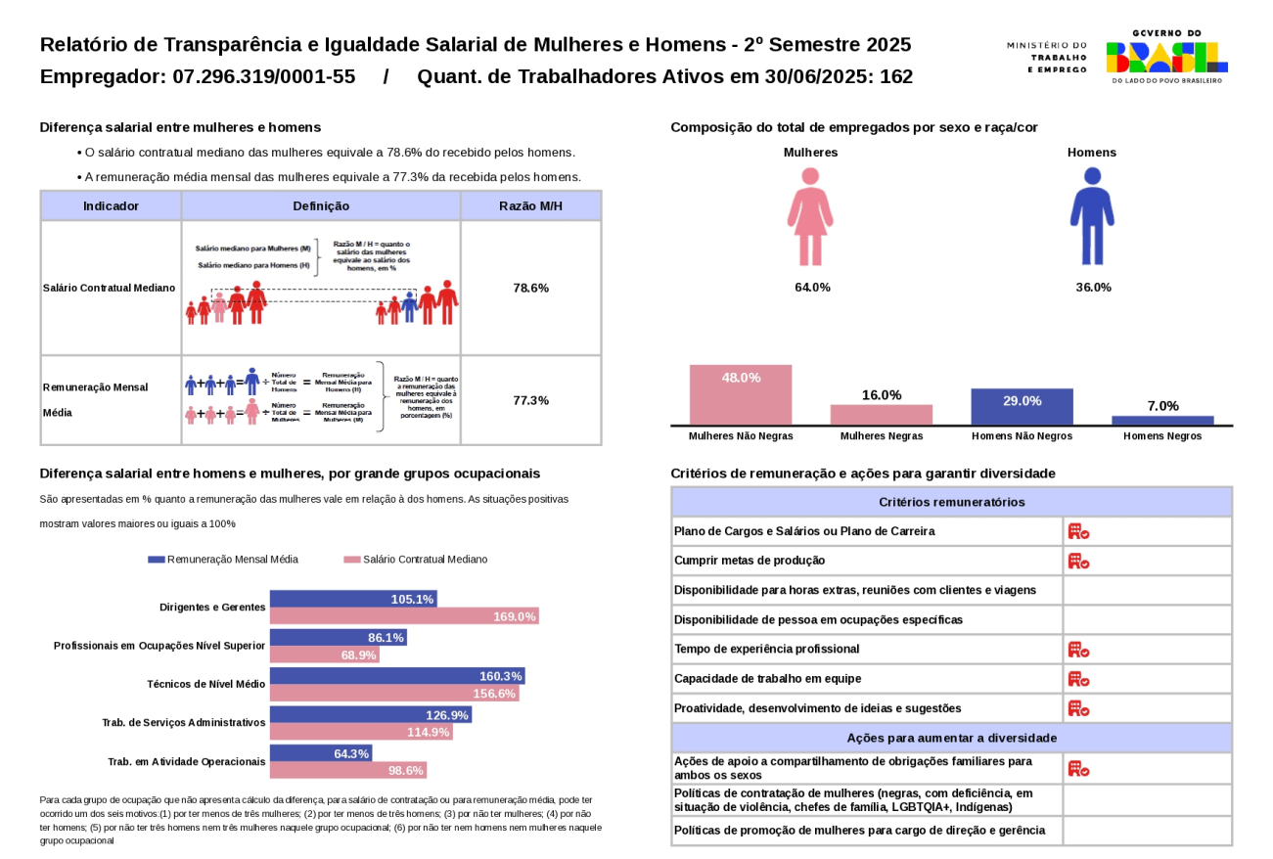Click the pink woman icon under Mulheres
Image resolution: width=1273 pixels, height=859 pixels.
point(810,217)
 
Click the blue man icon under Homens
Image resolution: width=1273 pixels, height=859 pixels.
point(1092,217)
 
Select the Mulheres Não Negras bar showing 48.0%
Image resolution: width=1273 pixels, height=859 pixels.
point(741,395)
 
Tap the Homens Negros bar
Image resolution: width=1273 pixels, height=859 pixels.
point(1162,421)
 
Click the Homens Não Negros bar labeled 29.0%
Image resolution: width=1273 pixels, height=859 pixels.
point(1022,406)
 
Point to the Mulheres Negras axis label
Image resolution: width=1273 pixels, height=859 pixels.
point(881,436)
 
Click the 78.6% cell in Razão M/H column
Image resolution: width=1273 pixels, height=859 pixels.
point(530,288)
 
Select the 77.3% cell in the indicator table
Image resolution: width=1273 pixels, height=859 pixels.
point(530,400)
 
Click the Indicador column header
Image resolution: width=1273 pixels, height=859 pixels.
point(111,206)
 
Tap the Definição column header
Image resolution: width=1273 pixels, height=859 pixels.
point(321,206)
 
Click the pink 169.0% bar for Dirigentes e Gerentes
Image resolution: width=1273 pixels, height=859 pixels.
point(404,616)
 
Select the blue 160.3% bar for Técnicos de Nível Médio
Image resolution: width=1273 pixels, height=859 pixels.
point(397,676)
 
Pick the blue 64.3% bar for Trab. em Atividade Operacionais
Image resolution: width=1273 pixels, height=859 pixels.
point(321,753)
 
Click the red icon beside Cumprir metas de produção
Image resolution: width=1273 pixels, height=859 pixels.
point(1078,561)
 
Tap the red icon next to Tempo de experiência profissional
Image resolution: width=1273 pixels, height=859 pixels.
point(1078,650)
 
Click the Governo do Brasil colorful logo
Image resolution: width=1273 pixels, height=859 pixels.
point(1166,57)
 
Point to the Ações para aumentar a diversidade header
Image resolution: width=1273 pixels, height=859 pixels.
point(951,738)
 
